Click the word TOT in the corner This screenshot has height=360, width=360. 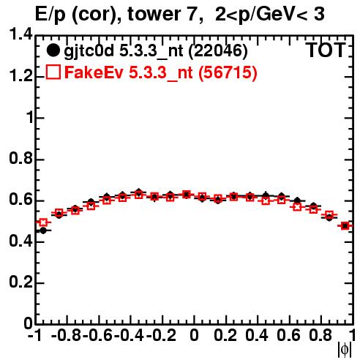point(326,50)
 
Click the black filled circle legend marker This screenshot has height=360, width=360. point(53,50)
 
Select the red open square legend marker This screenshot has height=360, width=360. point(53,72)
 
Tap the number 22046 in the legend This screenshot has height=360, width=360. point(218,50)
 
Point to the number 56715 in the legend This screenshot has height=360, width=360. point(228,72)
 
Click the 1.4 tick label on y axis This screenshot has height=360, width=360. point(20,34)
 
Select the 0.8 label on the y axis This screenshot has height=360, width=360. point(20,159)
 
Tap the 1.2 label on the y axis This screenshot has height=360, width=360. point(20,76)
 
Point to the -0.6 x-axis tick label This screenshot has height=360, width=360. point(97,336)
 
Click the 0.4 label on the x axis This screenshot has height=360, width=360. point(257,336)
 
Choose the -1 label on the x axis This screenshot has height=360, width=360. point(35,336)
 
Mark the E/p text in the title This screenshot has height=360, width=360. point(50,15)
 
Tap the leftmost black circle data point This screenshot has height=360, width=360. point(43,230)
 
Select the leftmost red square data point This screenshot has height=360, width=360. point(43,222)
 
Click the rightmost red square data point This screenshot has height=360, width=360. point(345,226)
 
